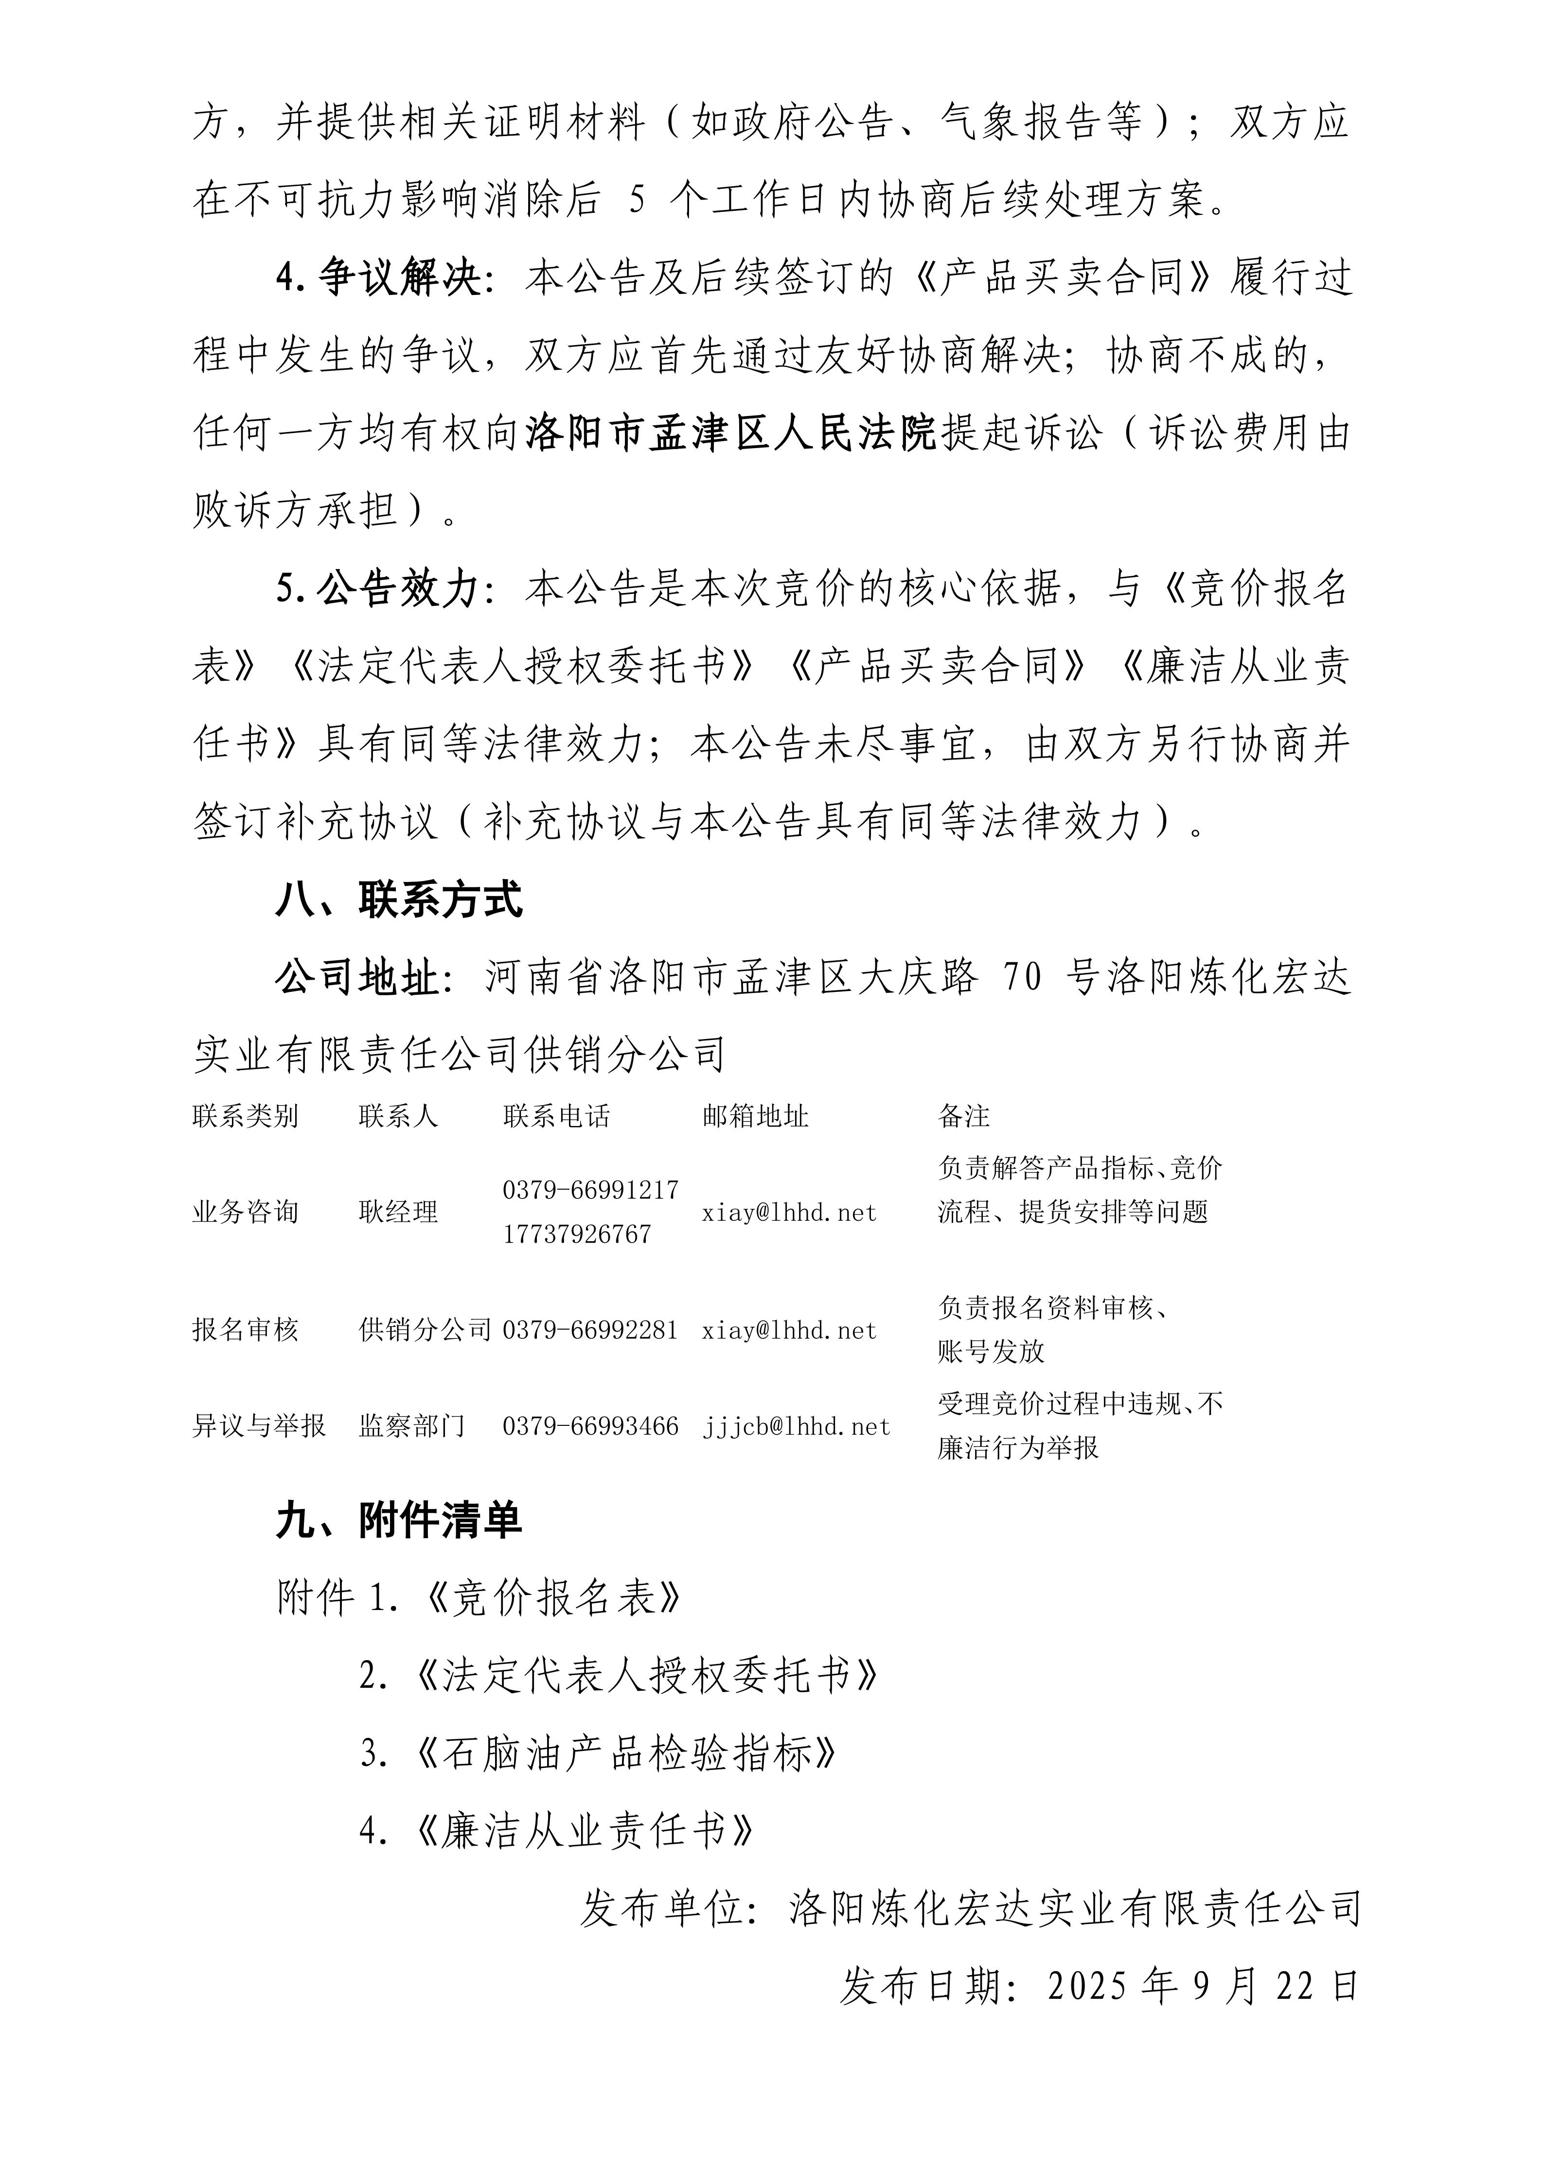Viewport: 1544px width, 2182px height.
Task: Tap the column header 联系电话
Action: (556, 1116)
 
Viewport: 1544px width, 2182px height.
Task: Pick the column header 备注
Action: (963, 1116)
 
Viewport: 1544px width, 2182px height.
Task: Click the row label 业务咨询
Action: (245, 1212)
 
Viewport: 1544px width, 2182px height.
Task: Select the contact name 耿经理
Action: (398, 1212)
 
